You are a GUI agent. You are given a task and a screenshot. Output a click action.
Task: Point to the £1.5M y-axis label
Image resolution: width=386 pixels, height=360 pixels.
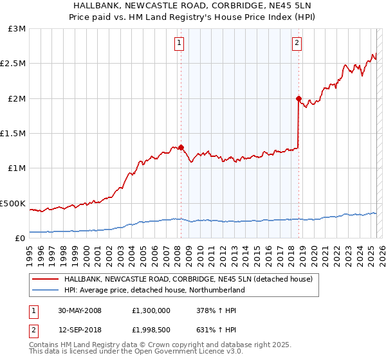tap(14, 134)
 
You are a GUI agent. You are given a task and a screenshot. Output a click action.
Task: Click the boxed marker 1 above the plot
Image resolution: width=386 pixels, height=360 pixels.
tap(178, 44)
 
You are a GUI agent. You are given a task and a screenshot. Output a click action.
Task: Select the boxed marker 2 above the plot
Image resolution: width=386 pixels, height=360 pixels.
tap(297, 44)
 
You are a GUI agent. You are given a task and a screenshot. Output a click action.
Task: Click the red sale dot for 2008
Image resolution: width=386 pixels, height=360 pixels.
tap(181, 147)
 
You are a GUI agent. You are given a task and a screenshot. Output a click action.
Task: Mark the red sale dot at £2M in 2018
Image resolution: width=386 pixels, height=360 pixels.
tap(299, 98)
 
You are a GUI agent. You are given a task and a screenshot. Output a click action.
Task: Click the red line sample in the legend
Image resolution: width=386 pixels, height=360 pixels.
tap(46, 279)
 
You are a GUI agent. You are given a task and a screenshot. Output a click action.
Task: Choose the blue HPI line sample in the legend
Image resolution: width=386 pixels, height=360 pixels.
tap(46, 290)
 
